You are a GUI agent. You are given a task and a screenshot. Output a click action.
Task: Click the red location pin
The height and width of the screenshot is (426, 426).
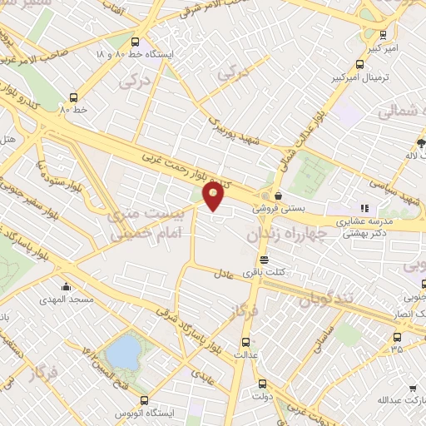[215, 196]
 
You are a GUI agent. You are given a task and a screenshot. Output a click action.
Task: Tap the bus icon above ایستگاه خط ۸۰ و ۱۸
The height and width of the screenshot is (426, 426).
[135, 41]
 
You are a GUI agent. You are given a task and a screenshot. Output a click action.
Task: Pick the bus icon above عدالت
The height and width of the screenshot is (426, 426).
[245, 342]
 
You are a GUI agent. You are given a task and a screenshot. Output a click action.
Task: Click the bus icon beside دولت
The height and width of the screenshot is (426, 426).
[262, 384]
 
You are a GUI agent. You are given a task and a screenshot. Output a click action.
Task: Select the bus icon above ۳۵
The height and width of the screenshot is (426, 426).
[396, 338]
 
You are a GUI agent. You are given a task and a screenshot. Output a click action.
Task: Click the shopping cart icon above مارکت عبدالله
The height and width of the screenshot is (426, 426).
[414, 389]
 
